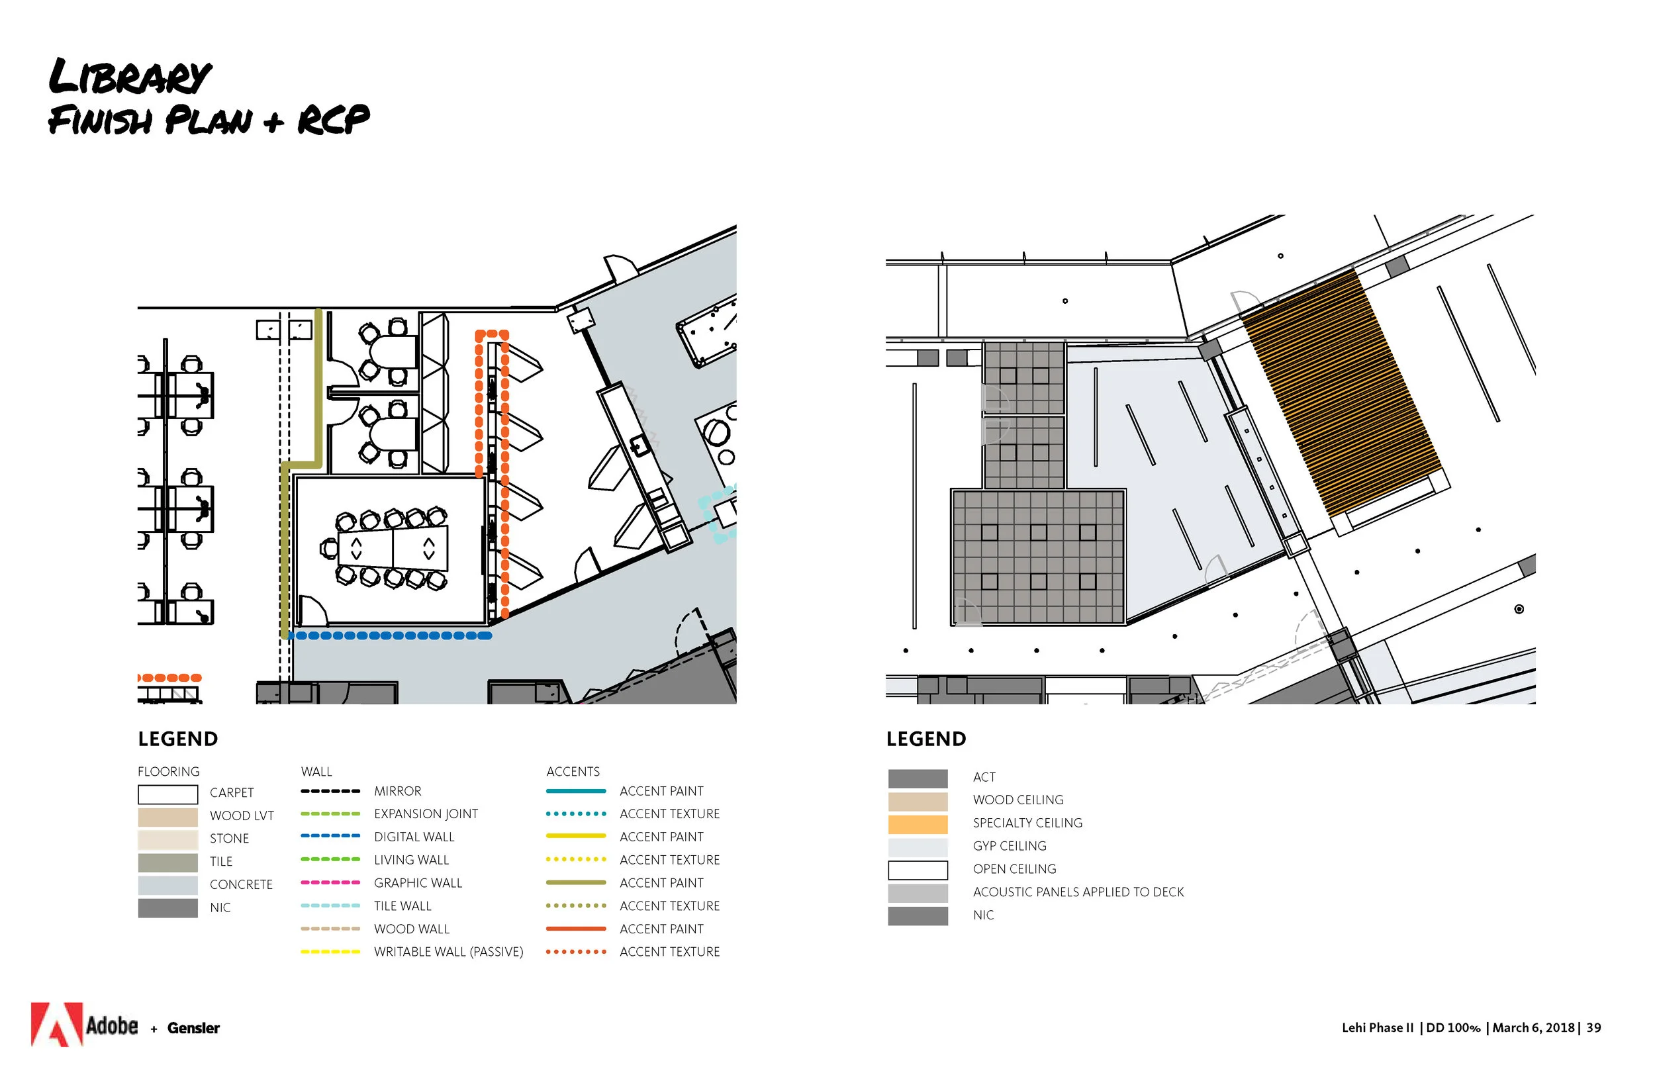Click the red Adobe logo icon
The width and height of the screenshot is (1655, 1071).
click(x=57, y=1024)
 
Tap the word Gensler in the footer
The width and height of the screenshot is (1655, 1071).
click(x=193, y=1028)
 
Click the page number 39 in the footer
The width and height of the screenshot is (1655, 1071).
click(x=1594, y=1027)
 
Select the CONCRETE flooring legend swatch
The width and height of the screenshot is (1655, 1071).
click(x=167, y=884)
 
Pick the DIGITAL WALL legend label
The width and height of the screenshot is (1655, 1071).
click(x=414, y=837)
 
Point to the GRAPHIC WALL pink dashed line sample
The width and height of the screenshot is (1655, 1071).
click(x=330, y=882)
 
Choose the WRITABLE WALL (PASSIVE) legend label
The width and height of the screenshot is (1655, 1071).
click(x=449, y=951)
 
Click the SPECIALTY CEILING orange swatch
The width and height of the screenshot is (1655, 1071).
click(x=918, y=823)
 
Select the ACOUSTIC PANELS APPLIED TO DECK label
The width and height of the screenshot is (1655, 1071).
click(x=1078, y=892)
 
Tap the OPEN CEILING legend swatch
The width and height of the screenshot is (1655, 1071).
click(x=918, y=869)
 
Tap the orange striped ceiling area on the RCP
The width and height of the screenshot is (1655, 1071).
click(x=1339, y=393)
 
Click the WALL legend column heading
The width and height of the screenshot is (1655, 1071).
click(x=316, y=771)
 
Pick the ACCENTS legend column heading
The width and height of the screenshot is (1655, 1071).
click(x=573, y=771)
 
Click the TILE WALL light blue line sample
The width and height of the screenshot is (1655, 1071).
click(x=330, y=906)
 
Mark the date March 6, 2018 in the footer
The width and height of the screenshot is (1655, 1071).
click(x=1533, y=1027)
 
